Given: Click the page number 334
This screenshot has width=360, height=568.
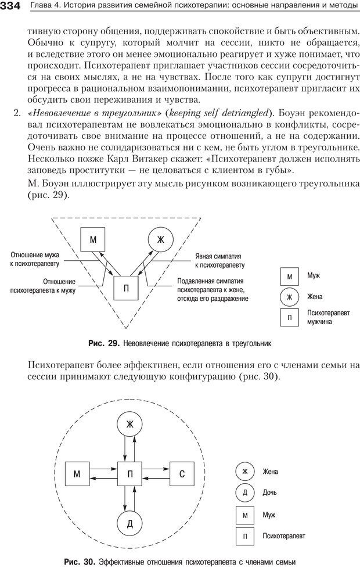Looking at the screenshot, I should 10,6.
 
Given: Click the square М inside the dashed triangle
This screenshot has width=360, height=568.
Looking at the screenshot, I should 93,239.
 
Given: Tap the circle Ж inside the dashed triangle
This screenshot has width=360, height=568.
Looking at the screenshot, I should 161,239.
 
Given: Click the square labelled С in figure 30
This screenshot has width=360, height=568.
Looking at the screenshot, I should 181,474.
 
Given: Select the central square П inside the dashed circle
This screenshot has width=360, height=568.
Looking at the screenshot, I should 129,474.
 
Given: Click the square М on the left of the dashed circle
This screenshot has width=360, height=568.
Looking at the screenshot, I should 77,474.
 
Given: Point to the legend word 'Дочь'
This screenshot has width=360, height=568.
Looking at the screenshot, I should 270,493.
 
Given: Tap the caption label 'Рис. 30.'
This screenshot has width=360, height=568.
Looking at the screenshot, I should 80,561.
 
